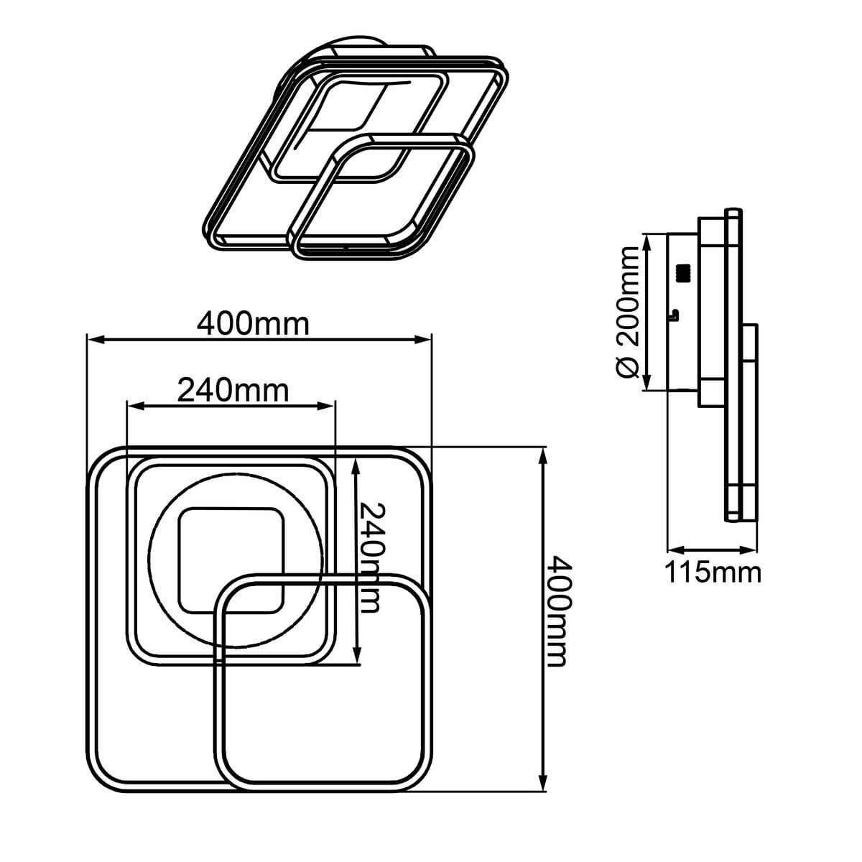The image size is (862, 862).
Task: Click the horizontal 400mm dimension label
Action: tap(253, 325)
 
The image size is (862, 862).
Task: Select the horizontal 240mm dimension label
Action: tap(233, 391)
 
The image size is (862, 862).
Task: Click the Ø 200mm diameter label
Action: tap(629, 312)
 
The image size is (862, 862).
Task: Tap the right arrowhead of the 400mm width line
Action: tap(422, 340)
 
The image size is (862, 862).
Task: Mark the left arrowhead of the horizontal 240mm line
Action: tap(136, 406)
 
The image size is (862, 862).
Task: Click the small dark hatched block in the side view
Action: tap(682, 272)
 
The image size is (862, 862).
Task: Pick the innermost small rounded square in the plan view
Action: tap(231, 560)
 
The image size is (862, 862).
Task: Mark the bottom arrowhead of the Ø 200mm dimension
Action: tap(646, 381)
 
